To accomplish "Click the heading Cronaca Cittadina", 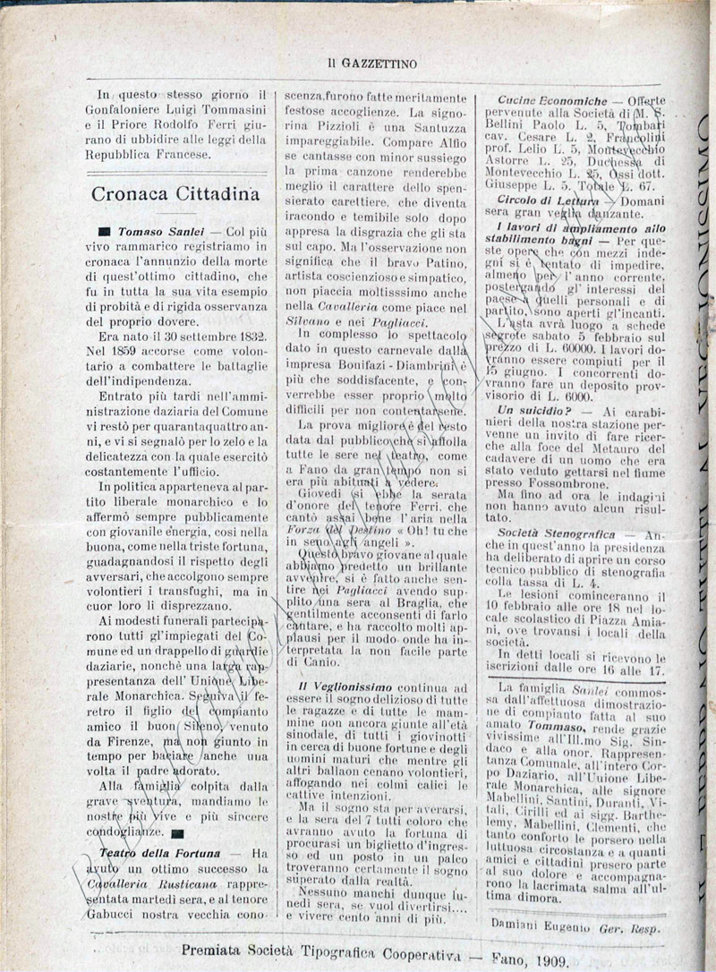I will tap(175, 193).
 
